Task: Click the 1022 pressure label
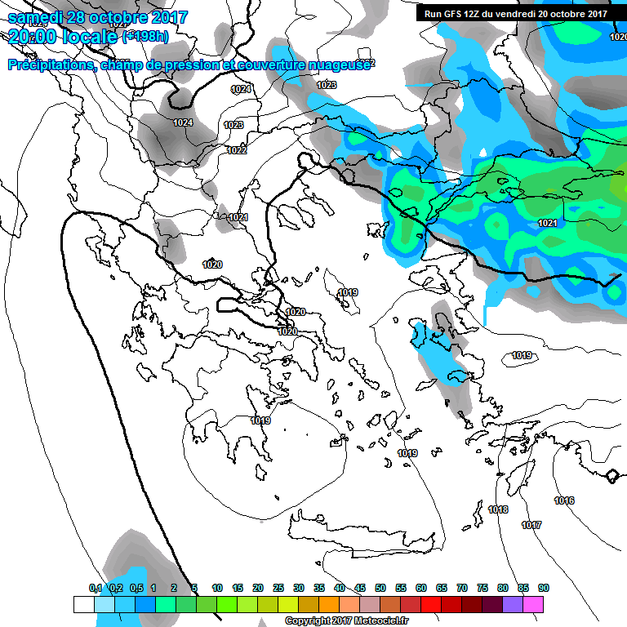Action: tap(237, 150)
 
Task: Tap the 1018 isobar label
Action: tap(498, 509)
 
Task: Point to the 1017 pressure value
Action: tap(531, 525)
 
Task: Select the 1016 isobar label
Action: tap(563, 500)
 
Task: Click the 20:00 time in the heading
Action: tap(30, 37)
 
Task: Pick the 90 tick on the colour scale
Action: tap(544, 588)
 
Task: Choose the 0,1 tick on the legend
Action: tap(96, 588)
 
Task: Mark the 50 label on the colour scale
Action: tap(380, 588)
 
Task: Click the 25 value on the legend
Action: tap(278, 588)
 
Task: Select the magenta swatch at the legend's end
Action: tap(533, 604)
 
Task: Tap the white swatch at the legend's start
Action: tap(84, 604)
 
